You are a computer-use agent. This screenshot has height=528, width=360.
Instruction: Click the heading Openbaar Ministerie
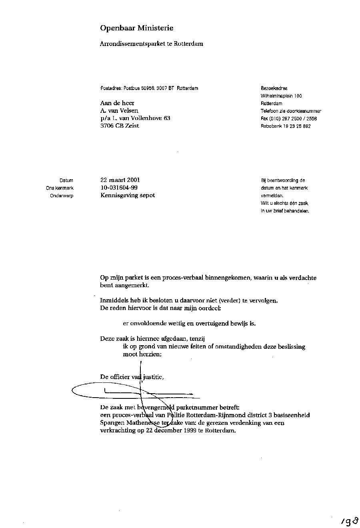pyautogui.click(x=136, y=28)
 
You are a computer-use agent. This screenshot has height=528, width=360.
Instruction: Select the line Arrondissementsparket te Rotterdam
pyautogui.click(x=151, y=44)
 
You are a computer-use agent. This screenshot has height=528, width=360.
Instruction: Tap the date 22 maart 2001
pyautogui.click(x=120, y=180)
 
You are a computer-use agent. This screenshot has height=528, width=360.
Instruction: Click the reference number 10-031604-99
pyautogui.click(x=119, y=188)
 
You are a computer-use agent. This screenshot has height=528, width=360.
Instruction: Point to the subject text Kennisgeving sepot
pyautogui.click(x=127, y=195)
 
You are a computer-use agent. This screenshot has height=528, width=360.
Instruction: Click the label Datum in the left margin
pyautogui.click(x=66, y=180)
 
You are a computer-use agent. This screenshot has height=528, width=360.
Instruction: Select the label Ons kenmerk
pyautogui.click(x=60, y=188)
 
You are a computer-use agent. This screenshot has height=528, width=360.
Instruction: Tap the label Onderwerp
pyautogui.click(x=62, y=196)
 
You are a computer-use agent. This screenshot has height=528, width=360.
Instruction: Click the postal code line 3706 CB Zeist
pyautogui.click(x=120, y=126)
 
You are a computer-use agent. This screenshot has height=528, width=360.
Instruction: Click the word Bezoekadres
pyautogui.click(x=274, y=88)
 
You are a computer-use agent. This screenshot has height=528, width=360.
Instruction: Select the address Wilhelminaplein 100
pyautogui.click(x=281, y=96)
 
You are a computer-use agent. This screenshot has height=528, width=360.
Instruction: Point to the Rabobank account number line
pyautogui.click(x=286, y=126)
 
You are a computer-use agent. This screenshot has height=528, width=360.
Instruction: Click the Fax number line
pyautogui.click(x=288, y=119)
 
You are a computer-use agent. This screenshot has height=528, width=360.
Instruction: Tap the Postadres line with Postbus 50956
pyautogui.click(x=149, y=88)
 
